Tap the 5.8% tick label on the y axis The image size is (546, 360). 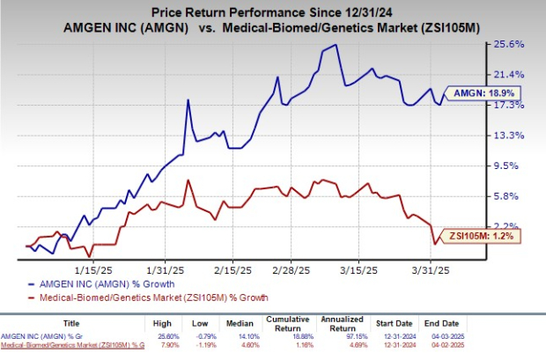tap(514, 195)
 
